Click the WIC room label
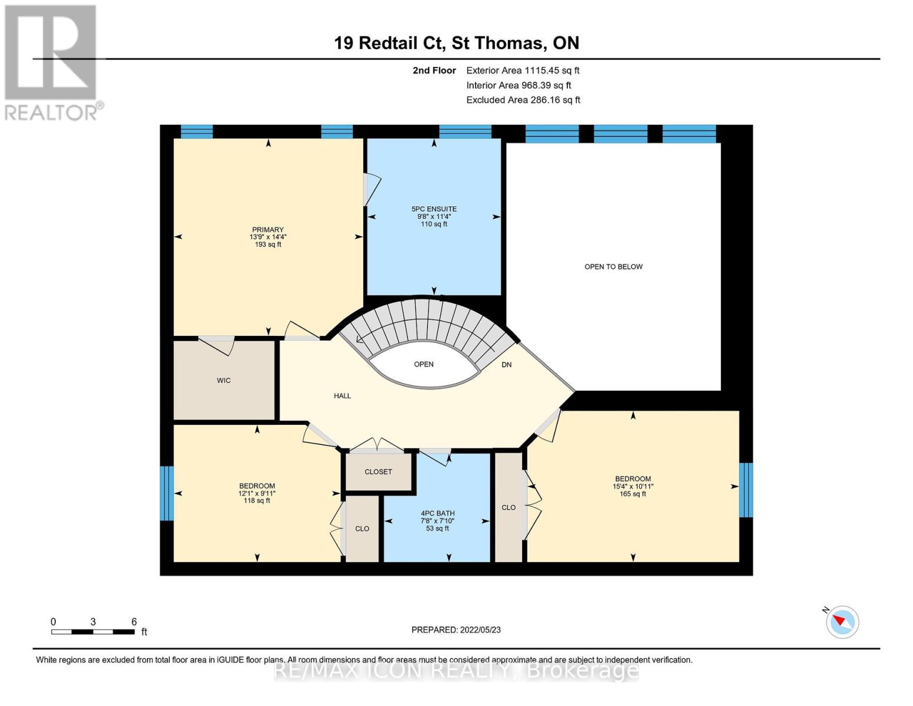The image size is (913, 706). [223, 381]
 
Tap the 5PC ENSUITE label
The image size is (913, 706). [434, 209]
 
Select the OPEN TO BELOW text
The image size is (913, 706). [613, 267]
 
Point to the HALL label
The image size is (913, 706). [342, 396]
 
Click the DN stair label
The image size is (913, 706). [507, 365]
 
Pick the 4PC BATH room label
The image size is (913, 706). [438, 514]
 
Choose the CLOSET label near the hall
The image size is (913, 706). [378, 472]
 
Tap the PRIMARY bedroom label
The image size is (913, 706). [268, 229]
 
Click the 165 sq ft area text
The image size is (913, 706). [633, 494]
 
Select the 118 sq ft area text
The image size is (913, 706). [257, 501]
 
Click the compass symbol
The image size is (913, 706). [842, 622]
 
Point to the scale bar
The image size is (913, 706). [93, 632]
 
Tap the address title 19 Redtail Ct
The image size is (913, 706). [390, 43]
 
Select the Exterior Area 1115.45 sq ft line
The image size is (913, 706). [523, 71]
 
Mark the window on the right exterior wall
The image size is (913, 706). [746, 490]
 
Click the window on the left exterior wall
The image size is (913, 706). [167, 493]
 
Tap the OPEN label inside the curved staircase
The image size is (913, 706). [423, 364]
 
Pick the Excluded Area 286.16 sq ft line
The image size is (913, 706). [523, 100]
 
